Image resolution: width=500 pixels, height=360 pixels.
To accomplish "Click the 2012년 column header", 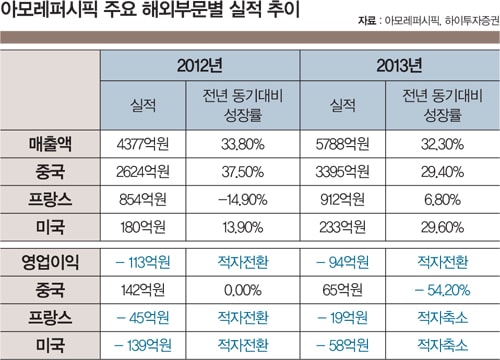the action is pos(200,65).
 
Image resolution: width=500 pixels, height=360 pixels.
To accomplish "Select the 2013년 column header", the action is pos(399,65).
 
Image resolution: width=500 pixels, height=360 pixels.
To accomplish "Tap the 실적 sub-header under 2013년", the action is pos(343,105).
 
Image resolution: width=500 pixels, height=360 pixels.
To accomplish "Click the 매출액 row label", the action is pos(50,144).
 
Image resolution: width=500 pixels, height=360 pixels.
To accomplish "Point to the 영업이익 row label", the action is pos(50,262).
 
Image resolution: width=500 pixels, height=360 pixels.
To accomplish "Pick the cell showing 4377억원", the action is pos(143,144).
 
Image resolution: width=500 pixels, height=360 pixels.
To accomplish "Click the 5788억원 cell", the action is pos(343,144).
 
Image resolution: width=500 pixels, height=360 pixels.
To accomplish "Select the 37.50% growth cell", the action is pos(243,172).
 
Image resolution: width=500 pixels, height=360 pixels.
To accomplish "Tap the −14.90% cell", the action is pos(243,200).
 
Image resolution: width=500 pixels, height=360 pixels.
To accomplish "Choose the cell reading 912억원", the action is pos(343,200).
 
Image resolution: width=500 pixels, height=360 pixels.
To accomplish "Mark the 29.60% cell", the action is pos(442,227).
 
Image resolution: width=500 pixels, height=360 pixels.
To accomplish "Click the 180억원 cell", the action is pos(143,227).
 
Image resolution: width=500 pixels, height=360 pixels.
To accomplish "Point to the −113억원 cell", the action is pos(143,262).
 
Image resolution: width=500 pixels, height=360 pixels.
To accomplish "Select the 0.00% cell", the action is pos(243,290).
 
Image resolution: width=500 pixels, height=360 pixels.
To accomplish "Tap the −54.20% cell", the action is pos(442,290).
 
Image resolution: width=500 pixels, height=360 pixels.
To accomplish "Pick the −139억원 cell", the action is pos(143,345).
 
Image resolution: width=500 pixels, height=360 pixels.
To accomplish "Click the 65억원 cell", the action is pos(343,290).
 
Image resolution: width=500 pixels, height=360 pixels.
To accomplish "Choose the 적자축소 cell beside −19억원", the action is pos(442,318).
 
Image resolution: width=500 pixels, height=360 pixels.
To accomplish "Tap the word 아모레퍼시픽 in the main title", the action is pos(49,9).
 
